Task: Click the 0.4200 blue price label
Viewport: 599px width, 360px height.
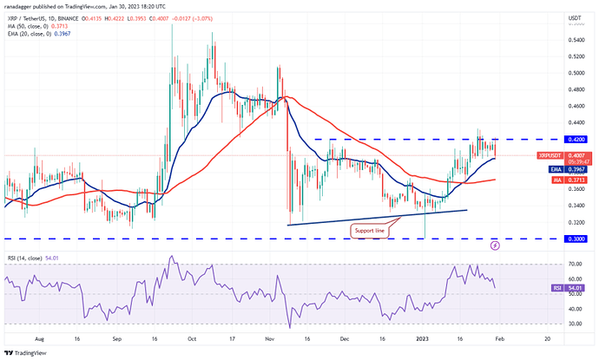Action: (x=572, y=139)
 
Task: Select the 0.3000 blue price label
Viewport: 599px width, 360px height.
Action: (x=572, y=239)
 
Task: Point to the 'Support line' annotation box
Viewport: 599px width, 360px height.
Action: (x=370, y=230)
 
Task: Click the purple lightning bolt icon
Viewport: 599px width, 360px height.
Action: (x=495, y=245)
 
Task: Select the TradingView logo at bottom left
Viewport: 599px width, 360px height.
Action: (x=26, y=352)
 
